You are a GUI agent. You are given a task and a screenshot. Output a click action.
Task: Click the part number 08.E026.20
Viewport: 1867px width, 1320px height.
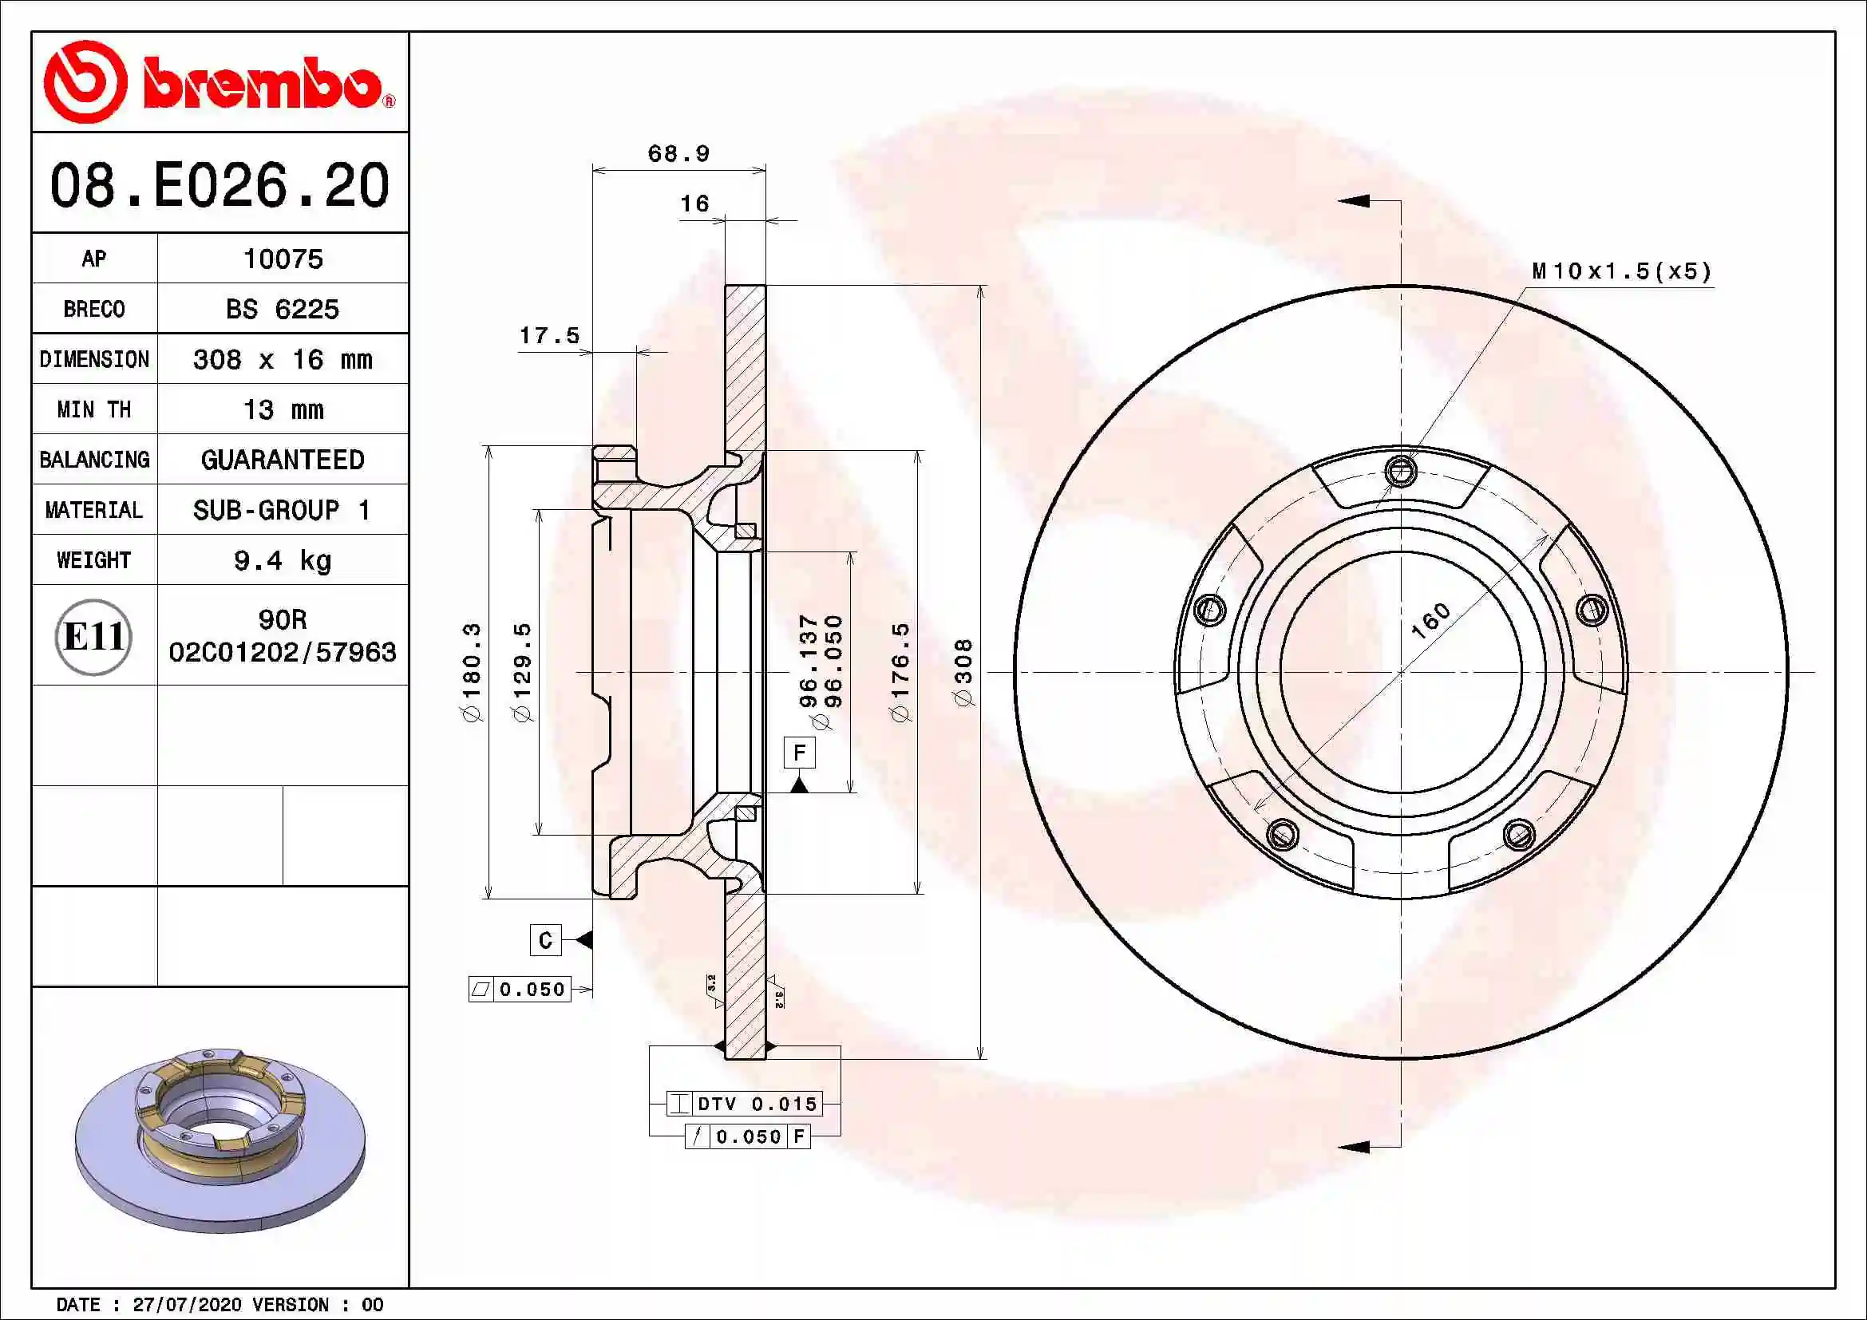coord(220,185)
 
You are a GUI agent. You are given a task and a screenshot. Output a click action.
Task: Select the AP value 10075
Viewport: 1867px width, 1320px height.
coord(283,259)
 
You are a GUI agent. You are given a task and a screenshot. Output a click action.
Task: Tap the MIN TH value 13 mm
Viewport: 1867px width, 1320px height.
coord(283,409)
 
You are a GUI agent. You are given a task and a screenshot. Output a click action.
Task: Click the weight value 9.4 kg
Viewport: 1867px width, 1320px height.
coord(283,560)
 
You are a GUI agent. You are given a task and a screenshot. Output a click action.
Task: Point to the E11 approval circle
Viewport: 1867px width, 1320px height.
coord(93,636)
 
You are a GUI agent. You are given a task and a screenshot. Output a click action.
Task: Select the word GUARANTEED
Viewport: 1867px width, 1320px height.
coord(283,460)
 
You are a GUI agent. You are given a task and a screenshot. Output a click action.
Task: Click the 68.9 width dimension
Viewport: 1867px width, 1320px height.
coord(678,153)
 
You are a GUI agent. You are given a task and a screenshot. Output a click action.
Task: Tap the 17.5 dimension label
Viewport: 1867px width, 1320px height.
coord(550,336)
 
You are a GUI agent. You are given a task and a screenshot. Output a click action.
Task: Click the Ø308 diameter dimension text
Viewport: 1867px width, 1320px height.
coord(963,672)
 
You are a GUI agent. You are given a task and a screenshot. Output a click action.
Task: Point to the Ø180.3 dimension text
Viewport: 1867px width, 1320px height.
coord(472,672)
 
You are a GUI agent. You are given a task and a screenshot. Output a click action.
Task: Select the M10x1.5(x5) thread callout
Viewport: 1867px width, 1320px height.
coord(1621,271)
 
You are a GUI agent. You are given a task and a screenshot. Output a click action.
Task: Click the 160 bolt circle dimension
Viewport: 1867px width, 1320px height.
coord(1430,621)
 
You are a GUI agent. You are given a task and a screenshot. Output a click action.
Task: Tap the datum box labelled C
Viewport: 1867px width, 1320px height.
coord(545,940)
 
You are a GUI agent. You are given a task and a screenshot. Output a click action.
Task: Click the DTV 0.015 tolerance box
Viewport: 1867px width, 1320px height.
coord(744,1104)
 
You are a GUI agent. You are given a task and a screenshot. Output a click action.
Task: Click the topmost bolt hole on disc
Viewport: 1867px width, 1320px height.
coord(1400,471)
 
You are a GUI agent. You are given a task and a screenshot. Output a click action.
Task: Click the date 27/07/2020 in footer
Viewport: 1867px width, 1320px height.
coord(187,1305)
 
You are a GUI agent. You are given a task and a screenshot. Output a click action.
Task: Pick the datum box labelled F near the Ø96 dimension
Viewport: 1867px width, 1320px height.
coord(798,753)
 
